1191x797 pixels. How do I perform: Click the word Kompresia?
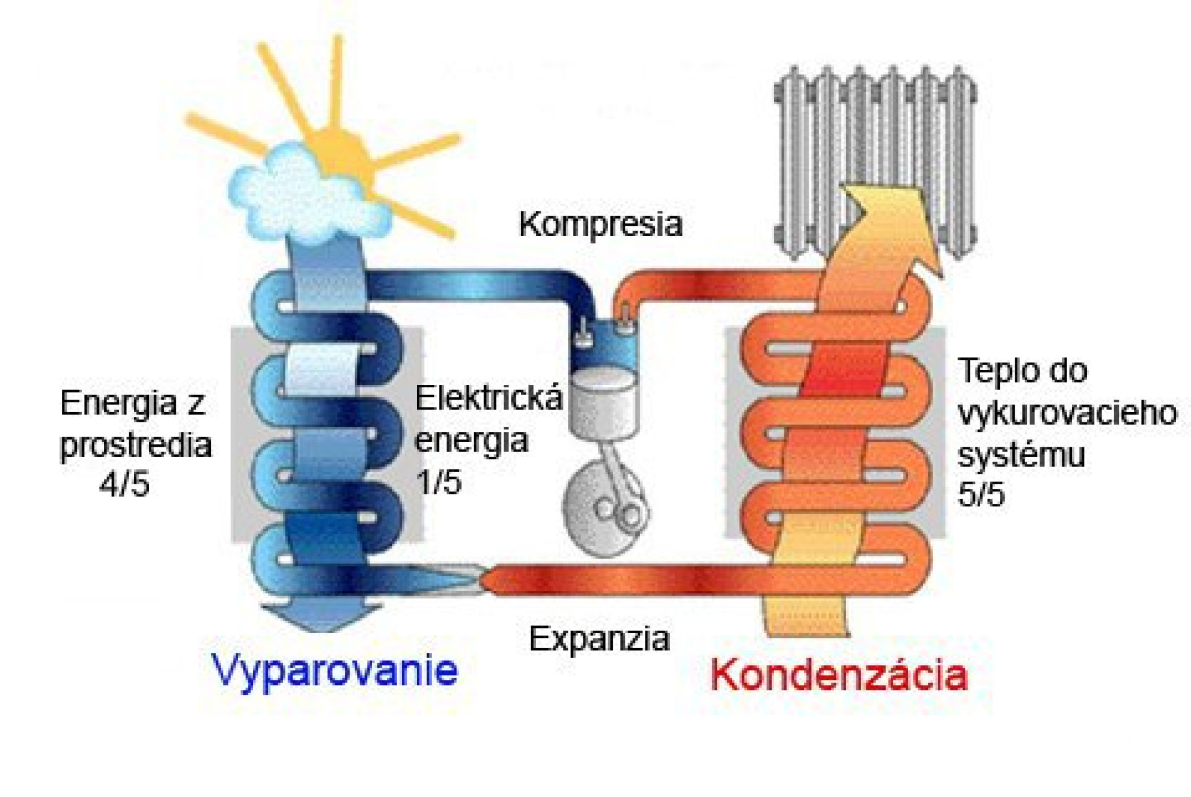coord(600,225)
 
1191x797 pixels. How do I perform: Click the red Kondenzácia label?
coord(839,675)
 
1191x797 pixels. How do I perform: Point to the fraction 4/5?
coord(124,484)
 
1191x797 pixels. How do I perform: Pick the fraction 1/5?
coord(439,481)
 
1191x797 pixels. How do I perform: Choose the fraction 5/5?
coord(981,494)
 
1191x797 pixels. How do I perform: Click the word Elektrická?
coord(488,397)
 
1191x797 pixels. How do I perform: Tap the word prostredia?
coord(136,446)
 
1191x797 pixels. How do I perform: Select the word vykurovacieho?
coord(1067,413)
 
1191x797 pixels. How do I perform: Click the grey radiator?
coord(875,161)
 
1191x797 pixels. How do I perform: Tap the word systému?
coord(1021,454)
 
